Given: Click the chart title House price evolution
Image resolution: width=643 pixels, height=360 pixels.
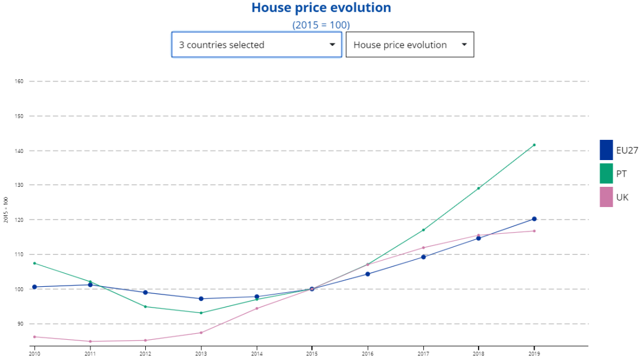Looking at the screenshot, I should [x=321, y=8].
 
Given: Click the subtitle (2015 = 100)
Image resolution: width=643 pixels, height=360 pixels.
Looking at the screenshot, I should [x=321, y=25].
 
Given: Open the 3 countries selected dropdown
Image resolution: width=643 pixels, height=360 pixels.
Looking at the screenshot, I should [x=257, y=45].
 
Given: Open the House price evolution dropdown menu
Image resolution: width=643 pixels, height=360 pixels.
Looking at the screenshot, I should [x=410, y=45].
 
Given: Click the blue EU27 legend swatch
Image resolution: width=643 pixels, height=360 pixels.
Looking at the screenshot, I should [x=606, y=150].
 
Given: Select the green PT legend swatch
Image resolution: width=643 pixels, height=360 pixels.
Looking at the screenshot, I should [x=606, y=173].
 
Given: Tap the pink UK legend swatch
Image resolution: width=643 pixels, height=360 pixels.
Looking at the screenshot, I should [x=606, y=197].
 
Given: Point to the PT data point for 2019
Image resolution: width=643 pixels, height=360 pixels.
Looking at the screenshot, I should [x=534, y=145].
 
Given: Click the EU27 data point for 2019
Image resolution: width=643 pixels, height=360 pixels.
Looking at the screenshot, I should [x=534, y=219].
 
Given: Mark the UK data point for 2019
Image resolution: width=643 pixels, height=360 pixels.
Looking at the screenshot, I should [x=534, y=231].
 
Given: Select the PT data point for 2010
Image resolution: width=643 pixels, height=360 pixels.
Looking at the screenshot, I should [x=35, y=263].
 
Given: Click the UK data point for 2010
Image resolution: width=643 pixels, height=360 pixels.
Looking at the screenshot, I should [x=35, y=337].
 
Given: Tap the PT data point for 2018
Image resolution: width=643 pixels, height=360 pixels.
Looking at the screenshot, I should [x=479, y=188].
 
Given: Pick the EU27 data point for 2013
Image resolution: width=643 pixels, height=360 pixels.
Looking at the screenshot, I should [x=201, y=299].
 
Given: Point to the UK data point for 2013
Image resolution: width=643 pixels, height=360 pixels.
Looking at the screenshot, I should [x=201, y=333].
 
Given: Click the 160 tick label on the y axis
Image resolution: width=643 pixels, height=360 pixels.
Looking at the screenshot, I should [x=18, y=82].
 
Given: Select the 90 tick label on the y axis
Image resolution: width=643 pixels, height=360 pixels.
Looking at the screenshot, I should [x=19, y=324].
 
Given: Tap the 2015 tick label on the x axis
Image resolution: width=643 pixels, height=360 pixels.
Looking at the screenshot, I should [x=312, y=353].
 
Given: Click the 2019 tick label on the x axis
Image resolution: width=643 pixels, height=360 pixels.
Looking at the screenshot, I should [x=534, y=353].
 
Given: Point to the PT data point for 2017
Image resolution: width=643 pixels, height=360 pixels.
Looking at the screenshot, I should [x=423, y=230].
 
